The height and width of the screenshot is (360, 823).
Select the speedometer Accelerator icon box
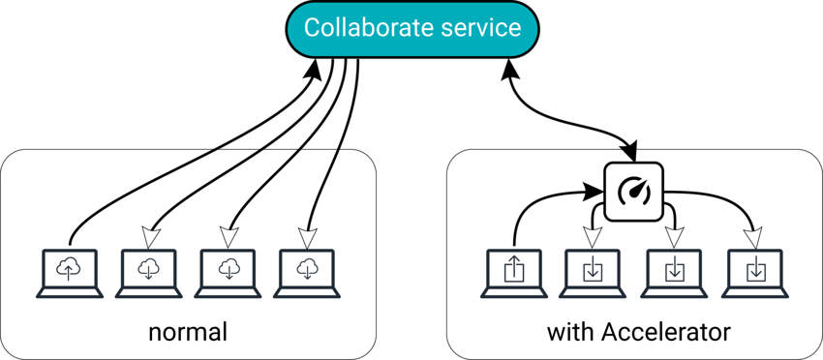pyautogui.click(x=633, y=191)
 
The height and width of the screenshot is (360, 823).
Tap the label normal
pyautogui.click(x=188, y=333)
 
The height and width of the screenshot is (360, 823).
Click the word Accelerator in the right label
pyautogui.click(x=665, y=333)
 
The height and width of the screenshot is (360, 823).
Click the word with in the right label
pyautogui.click(x=568, y=333)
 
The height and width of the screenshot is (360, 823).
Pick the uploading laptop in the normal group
pyautogui.click(x=70, y=272)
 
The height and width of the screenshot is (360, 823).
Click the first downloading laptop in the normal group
pyautogui.click(x=149, y=272)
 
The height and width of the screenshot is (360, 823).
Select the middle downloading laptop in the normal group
pyautogui.click(x=229, y=272)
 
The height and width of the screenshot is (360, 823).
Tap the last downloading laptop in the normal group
pyautogui.click(x=308, y=272)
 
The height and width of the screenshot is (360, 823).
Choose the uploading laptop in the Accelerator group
pyautogui.click(x=514, y=272)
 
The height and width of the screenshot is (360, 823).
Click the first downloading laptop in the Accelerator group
pyautogui.click(x=593, y=272)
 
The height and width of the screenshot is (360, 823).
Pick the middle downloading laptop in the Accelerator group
pyautogui.click(x=674, y=272)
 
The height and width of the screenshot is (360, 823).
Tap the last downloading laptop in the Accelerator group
pyautogui.click(x=754, y=272)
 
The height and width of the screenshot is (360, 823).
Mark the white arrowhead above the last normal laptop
pyautogui.click(x=308, y=236)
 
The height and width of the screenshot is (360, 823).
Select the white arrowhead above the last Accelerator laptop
pyautogui.click(x=753, y=236)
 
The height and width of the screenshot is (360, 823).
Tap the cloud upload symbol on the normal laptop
pyautogui.click(x=70, y=269)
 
